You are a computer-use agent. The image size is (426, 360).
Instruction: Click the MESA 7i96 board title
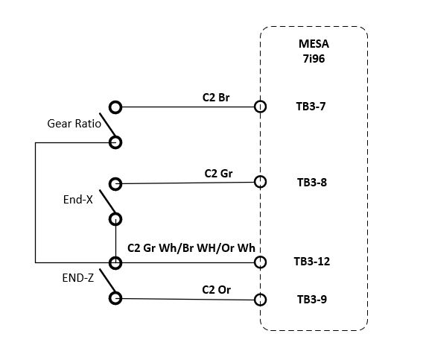pyautogui.click(x=314, y=51)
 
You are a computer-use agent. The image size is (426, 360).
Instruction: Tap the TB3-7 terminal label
pyautogui.click(x=311, y=107)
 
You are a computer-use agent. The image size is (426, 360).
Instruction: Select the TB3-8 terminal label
pyautogui.click(x=312, y=182)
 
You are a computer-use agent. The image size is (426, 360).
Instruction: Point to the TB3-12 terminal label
pyautogui.click(x=312, y=262)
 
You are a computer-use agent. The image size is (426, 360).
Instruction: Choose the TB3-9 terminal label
pyautogui.click(x=312, y=300)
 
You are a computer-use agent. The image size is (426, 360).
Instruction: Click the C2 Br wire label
pyautogui.click(x=216, y=98)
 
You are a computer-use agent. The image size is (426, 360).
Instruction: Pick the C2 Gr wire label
pyautogui.click(x=218, y=174)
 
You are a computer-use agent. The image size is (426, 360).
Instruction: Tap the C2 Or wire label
pyautogui.click(x=216, y=290)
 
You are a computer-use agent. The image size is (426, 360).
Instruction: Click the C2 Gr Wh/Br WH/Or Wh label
pyautogui.click(x=191, y=248)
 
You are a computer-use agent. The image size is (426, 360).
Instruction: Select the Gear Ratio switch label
pyautogui.click(x=74, y=124)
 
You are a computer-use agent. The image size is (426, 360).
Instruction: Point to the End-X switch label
pyautogui.click(x=78, y=200)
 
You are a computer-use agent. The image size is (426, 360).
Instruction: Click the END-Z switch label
pyautogui.click(x=78, y=278)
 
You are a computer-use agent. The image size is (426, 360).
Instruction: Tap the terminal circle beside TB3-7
pyautogui.click(x=260, y=107)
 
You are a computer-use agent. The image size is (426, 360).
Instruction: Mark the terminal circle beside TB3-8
pyautogui.click(x=260, y=182)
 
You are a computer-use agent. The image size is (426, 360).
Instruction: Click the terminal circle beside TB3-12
pyautogui.click(x=260, y=262)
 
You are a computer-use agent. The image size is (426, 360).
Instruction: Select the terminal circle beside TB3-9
pyautogui.click(x=260, y=300)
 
